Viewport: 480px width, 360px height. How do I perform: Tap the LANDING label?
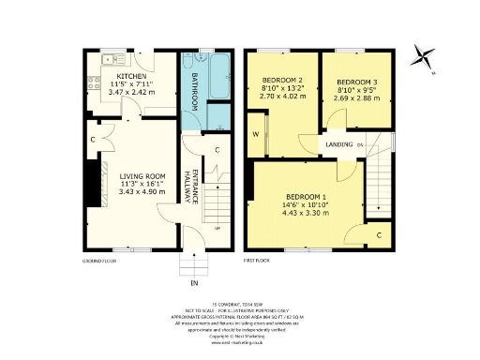pyautogui.click(x=340, y=144)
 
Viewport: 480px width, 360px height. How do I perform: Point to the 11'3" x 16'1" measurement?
pyautogui.click(x=142, y=184)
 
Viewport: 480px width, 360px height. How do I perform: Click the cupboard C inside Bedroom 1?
pyautogui.click(x=378, y=234)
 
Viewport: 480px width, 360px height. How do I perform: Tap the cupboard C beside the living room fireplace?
pyautogui.click(x=93, y=142)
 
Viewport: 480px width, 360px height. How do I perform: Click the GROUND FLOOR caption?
pyautogui.click(x=98, y=259)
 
